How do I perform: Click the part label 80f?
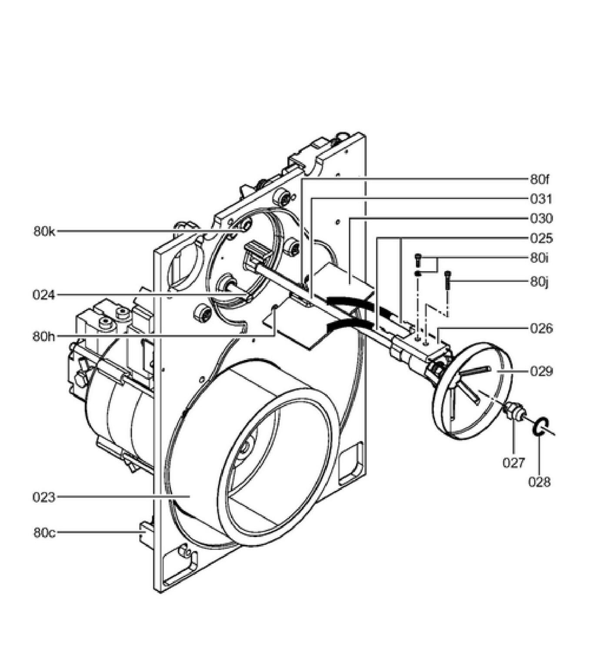[540, 179]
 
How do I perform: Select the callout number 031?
[541, 199]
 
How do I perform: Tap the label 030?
[541, 218]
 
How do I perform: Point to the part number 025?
[541, 238]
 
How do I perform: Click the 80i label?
[540, 258]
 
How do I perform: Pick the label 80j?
[540, 282]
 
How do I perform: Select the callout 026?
[541, 328]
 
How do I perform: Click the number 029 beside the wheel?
[541, 372]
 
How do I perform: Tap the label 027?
[514, 463]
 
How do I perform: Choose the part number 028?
[540, 482]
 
